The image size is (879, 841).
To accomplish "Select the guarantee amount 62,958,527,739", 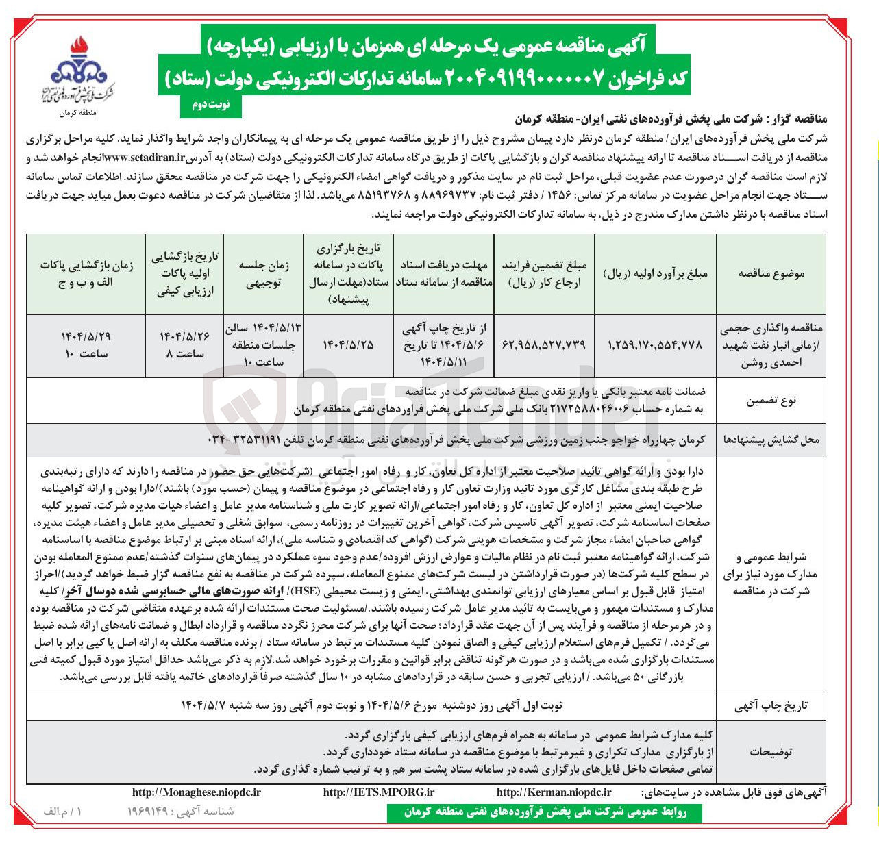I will pyautogui.click(x=544, y=345).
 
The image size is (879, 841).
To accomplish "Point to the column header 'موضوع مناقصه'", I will pyautogui.click(x=771, y=273).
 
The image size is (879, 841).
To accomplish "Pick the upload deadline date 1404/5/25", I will pyautogui.click(x=348, y=345).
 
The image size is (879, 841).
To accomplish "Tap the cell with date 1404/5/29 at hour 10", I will pyautogui.click(x=85, y=345).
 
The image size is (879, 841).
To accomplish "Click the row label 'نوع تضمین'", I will pyautogui.click(x=771, y=401).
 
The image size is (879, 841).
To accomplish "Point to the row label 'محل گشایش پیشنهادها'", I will pyautogui.click(x=771, y=440).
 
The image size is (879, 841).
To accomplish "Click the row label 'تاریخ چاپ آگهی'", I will pyautogui.click(x=771, y=705).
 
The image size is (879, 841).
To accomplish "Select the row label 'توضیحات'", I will pyautogui.click(x=771, y=751).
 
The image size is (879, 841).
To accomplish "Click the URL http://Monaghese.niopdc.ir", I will pyautogui.click(x=196, y=792).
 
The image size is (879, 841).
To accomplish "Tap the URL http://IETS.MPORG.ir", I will pyautogui.click(x=379, y=792).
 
